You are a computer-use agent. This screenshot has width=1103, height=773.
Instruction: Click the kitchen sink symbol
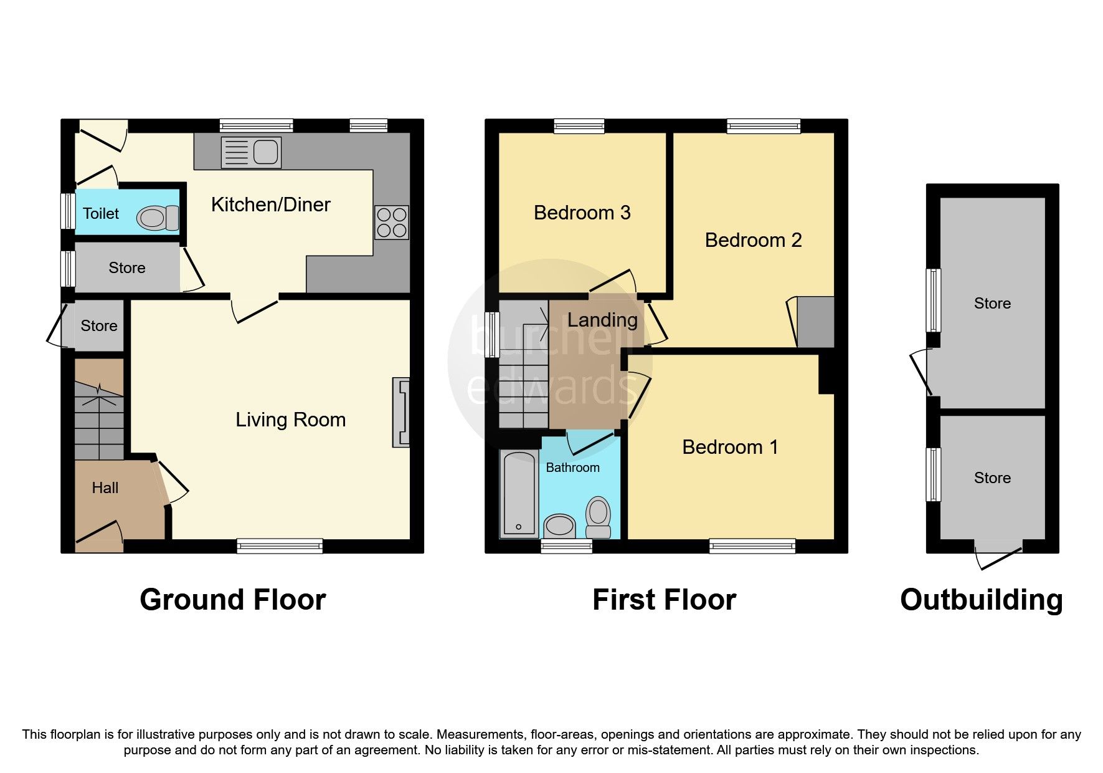coord(251,153)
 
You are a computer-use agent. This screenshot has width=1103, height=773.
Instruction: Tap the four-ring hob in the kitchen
coord(392,223)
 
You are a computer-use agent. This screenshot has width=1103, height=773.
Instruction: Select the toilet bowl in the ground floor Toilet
coord(158,218)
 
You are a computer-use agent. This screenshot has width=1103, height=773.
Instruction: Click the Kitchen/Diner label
coord(270,204)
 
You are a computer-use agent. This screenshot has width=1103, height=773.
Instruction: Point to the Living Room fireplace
coord(401,412)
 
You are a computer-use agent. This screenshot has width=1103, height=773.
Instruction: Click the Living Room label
coord(290,420)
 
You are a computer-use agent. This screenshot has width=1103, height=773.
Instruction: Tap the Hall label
coord(105,487)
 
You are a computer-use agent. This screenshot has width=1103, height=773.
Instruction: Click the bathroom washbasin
coord(559,526)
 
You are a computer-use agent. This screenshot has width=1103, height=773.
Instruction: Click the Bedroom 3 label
coord(582,213)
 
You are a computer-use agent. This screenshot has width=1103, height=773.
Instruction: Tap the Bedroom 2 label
coord(753,240)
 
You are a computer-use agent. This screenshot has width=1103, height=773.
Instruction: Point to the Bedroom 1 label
coord(730,447)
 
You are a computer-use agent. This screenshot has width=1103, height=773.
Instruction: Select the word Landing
coord(602,320)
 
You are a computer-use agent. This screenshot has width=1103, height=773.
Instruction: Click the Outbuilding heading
coord(981,600)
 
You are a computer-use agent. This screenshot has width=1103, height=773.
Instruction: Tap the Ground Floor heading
coord(232,600)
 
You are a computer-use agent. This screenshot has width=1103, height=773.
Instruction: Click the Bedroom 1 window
coord(752,546)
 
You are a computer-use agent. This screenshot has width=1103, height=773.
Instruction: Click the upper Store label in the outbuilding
coord(992,304)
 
